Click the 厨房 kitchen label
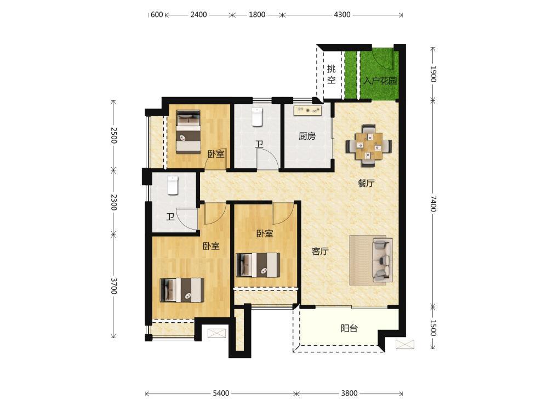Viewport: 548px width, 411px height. (x=307, y=136)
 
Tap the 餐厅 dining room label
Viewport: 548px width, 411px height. (x=366, y=183)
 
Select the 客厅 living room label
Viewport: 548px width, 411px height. (x=320, y=251)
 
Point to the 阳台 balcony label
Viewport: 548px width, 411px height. (x=349, y=328)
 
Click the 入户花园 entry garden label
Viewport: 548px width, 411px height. (x=380, y=81)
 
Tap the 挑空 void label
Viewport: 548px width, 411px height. (x=332, y=74)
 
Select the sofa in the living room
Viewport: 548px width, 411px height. (x=383, y=260)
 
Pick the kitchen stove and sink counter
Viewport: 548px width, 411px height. (x=308, y=111)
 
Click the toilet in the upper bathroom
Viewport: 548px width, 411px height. (x=257, y=117)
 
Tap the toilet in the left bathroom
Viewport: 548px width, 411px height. (x=173, y=185)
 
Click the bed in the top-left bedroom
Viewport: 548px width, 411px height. (x=189, y=132)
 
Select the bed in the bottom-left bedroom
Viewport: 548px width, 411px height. (x=182, y=290)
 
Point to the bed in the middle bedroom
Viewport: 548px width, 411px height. (x=258, y=265)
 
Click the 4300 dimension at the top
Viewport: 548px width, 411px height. (x=342, y=15)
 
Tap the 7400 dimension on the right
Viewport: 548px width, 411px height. (x=433, y=203)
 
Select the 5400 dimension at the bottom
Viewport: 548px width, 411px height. (x=221, y=393)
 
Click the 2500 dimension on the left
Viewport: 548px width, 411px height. (x=113, y=135)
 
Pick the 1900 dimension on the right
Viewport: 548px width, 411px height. (x=433, y=74)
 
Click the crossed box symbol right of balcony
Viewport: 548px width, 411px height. (x=405, y=344)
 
